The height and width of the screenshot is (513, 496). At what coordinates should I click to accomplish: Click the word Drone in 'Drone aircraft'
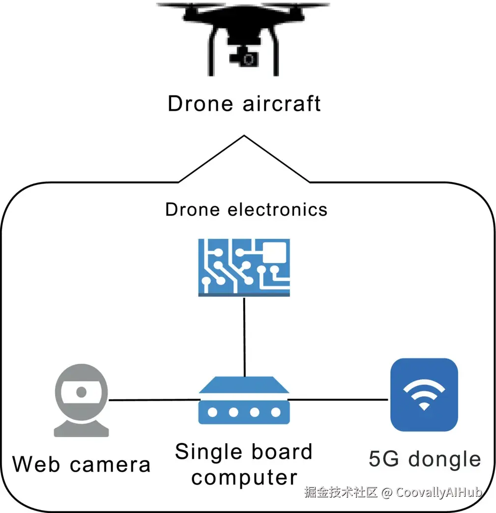click(200, 104)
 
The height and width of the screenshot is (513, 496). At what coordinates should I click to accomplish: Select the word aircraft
click(282, 104)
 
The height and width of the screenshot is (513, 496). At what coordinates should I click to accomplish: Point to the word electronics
click(277, 209)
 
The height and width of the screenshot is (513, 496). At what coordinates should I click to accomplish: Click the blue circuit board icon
click(244, 268)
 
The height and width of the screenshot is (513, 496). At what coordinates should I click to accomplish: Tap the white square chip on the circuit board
click(274, 252)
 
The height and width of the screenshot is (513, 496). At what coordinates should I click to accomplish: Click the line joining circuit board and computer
click(244, 337)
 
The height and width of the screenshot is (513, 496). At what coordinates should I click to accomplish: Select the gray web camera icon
click(82, 400)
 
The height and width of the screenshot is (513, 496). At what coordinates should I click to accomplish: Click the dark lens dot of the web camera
click(81, 391)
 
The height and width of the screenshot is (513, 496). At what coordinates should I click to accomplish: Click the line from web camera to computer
click(154, 400)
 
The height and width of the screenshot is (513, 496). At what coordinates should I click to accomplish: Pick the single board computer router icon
click(244, 400)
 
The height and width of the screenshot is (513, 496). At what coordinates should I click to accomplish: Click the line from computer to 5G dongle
click(338, 399)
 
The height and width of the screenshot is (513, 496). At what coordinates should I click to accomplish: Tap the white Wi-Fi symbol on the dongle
click(424, 394)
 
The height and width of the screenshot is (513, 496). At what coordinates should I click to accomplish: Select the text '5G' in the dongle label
click(384, 459)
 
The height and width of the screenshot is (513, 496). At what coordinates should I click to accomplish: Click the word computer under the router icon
click(244, 479)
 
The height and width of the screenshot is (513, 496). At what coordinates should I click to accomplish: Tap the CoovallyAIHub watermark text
click(439, 492)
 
